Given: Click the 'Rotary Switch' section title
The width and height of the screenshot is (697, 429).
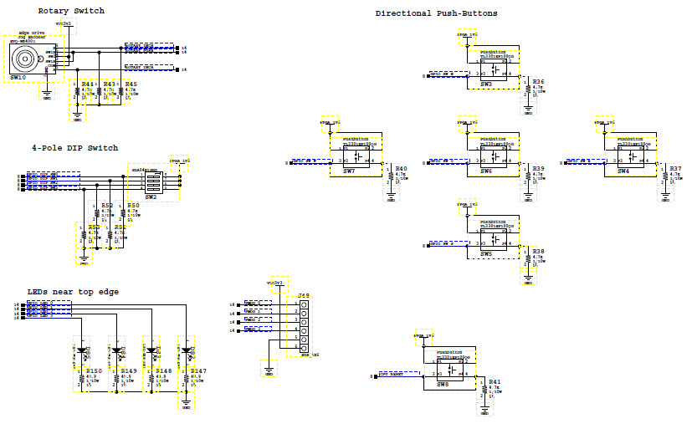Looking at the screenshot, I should (71, 11).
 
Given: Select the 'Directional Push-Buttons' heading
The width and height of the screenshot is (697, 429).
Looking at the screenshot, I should (436, 13).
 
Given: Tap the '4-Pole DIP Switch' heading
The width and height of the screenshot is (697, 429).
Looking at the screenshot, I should (74, 148).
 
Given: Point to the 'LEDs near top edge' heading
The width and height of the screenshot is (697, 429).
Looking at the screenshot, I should (73, 291).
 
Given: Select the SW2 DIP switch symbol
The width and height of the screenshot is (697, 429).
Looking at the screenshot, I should (151, 182).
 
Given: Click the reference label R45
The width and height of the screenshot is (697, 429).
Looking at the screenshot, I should (131, 84).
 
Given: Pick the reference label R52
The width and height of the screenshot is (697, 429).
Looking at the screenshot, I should (106, 205).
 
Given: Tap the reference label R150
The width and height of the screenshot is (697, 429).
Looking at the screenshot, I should (93, 370).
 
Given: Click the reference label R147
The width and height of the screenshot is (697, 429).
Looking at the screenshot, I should (198, 370).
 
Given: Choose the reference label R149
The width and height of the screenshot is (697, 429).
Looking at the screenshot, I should (128, 370).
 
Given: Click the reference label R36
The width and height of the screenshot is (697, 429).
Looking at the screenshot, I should (538, 81).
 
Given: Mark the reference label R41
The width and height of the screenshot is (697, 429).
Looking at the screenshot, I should (495, 382).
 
